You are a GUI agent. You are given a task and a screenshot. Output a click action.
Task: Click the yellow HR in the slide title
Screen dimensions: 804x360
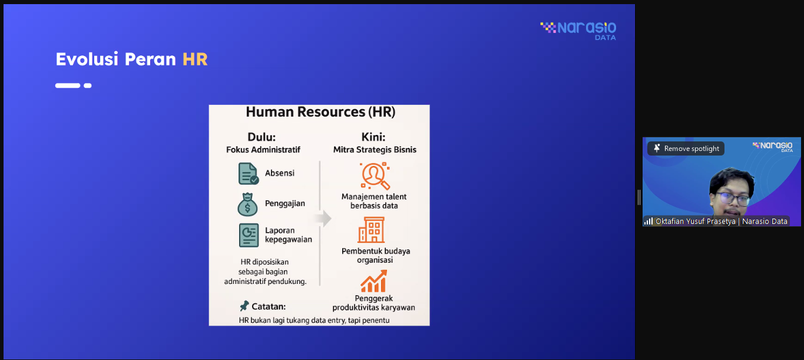point(195,60)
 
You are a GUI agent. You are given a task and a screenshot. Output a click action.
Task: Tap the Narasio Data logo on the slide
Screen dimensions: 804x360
point(578,31)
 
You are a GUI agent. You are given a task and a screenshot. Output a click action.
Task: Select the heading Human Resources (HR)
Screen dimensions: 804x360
point(320,112)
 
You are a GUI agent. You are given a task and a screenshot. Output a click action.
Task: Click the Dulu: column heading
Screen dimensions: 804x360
point(262,137)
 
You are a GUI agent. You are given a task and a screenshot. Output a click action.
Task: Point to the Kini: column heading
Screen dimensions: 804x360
point(373,137)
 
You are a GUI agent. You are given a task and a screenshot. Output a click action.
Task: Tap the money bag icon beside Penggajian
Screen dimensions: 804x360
point(247,204)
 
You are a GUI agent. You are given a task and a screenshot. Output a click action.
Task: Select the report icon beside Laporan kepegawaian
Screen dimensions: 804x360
point(249,235)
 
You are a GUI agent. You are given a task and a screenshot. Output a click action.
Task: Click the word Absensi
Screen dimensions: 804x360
point(280,173)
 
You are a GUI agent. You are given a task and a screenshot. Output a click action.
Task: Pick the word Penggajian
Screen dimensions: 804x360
point(285,203)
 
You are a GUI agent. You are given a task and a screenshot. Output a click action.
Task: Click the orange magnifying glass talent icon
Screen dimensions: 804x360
point(375,176)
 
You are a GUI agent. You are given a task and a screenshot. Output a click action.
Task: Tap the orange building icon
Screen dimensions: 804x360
point(372,230)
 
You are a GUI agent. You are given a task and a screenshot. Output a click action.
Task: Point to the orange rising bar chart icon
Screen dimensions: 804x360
point(373,281)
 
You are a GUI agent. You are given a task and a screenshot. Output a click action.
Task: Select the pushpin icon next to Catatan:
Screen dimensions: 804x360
point(244,306)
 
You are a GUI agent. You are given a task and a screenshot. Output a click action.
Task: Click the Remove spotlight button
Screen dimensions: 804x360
point(686,148)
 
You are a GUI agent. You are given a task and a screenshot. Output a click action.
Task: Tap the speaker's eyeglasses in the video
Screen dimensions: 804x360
point(733,199)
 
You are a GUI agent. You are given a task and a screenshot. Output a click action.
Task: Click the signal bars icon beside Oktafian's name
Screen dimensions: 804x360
point(649,221)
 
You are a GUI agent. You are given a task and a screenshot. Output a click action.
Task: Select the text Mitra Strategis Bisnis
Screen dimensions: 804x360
point(375,150)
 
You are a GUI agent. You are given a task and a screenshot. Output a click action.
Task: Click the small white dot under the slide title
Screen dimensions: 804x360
point(88,85)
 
